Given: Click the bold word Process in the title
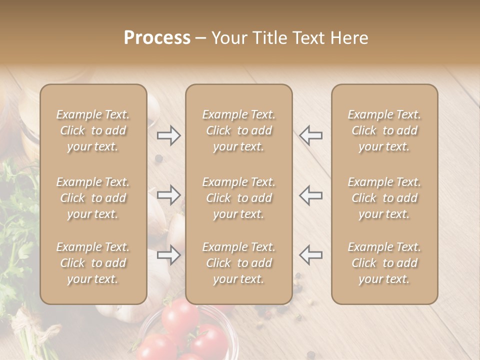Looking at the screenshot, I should [157, 38].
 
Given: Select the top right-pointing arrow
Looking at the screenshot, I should [169, 135].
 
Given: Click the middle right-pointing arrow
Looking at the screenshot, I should [169, 195].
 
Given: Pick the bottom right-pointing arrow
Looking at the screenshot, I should [169, 255].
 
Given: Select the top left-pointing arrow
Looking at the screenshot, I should [310, 135].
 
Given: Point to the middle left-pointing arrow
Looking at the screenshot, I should [310, 195].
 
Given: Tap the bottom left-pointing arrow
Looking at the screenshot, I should [310, 255].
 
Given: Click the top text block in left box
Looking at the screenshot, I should [93, 130].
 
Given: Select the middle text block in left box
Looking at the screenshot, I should [93, 198].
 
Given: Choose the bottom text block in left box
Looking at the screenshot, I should [93, 263].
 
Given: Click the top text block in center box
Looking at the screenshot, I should [238, 130].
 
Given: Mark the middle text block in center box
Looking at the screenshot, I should [238, 198].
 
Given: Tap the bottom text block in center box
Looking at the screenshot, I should [238, 263].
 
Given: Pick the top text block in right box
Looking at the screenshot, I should [384, 130].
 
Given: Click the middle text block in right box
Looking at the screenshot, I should [384, 198].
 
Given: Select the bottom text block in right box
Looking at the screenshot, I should [384, 263].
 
